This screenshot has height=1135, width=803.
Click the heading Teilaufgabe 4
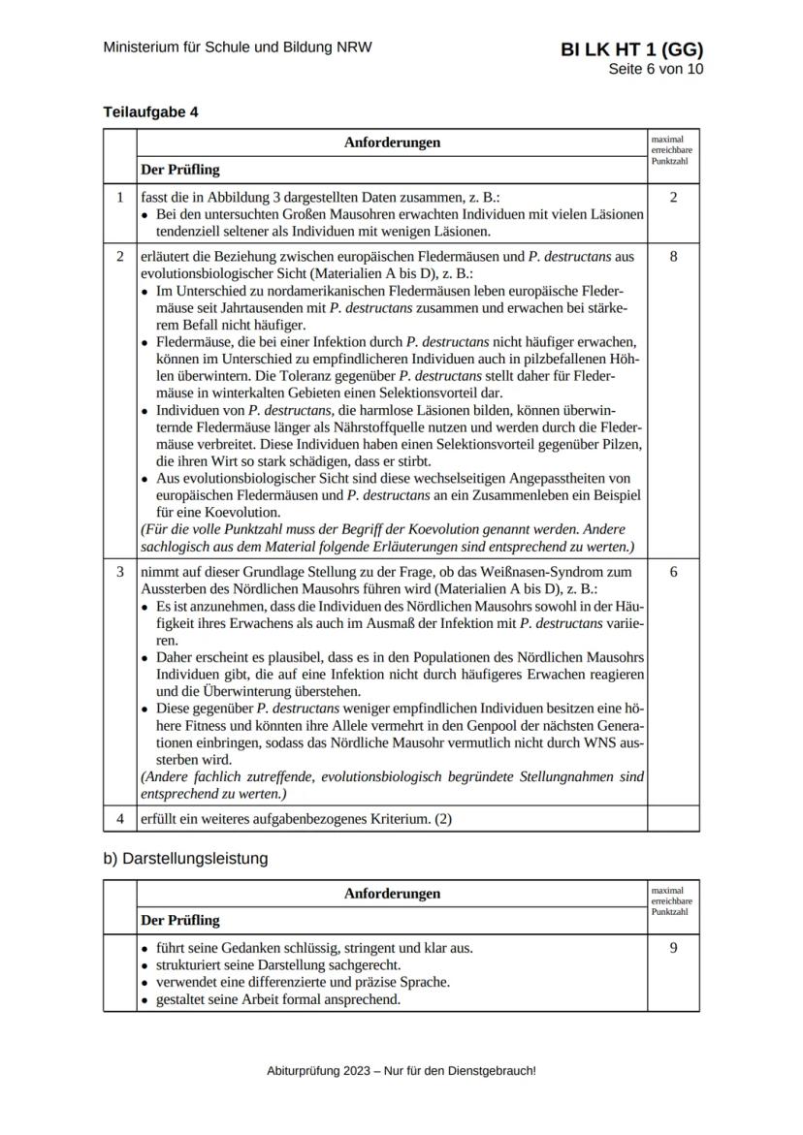pos(150,111)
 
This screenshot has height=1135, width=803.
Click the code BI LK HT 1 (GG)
pos(631,50)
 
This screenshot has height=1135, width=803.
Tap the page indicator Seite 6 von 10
pos(656,70)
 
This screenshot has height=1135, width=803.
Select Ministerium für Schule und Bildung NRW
pos(238,47)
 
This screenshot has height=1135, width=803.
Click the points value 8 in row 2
pos(673,257)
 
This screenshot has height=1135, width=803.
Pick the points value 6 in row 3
pos(673,572)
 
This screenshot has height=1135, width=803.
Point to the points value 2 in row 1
pos(673,198)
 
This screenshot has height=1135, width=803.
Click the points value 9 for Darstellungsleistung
pos(673,948)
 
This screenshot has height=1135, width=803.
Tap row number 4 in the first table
pos(119,818)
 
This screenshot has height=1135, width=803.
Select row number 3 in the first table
pos(119,572)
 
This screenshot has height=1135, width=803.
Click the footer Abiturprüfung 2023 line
pos(401,1071)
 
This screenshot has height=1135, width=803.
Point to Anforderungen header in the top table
pos(392,142)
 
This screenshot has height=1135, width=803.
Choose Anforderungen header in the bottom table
pos(392,894)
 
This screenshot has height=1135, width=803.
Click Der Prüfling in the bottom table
pos(180,920)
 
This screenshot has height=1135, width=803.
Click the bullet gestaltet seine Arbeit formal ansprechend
pos(277,999)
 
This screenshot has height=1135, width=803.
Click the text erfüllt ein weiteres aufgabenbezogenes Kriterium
pos(296,818)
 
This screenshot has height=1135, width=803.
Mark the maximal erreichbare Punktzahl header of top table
pos(672,150)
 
